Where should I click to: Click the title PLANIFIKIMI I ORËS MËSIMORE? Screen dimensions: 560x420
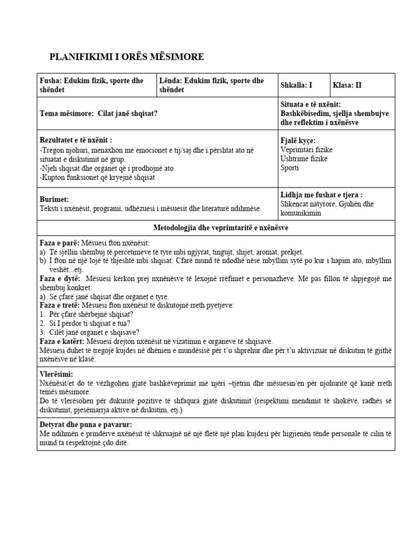(x=127, y=57)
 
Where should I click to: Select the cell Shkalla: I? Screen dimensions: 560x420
(x=296, y=85)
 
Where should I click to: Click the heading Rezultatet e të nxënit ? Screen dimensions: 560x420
(x=76, y=140)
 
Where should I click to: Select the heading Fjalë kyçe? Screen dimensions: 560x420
(x=297, y=141)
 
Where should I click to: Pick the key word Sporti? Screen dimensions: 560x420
(x=289, y=167)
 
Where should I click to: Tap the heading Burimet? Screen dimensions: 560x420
(x=54, y=200)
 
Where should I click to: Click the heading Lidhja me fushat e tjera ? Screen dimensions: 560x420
(x=321, y=195)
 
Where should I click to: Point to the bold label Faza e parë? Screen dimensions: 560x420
(x=60, y=242)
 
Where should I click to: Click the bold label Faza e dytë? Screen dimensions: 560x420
(x=60, y=278)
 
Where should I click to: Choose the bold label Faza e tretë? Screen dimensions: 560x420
(x=61, y=305)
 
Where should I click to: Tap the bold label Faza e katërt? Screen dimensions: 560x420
(x=62, y=341)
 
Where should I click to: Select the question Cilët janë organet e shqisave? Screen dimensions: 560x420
(x=92, y=332)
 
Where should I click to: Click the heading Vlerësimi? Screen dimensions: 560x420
(x=56, y=374)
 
